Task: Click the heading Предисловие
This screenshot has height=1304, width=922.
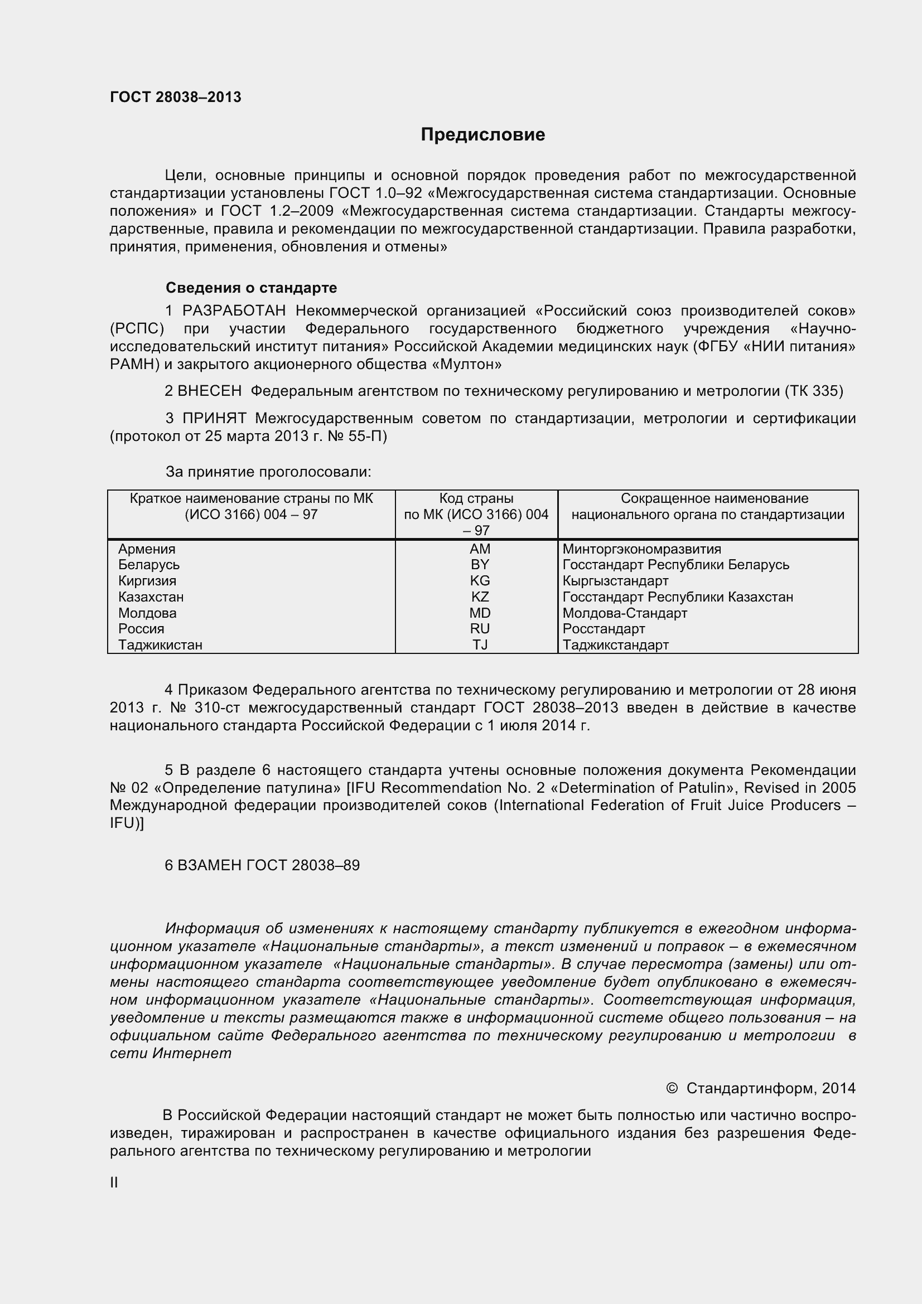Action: (x=482, y=134)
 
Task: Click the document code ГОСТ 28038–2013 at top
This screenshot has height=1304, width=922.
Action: (x=176, y=97)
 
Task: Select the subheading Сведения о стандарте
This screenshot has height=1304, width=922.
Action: (x=251, y=288)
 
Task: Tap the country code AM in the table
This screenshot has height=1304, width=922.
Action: (x=480, y=549)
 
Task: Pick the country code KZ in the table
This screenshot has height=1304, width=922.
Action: (x=480, y=597)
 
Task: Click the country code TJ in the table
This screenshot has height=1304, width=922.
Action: (x=480, y=644)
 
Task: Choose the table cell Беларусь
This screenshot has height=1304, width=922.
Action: (x=149, y=565)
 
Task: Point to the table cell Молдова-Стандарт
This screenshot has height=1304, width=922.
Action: (x=624, y=613)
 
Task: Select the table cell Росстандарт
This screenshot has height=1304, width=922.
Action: (x=604, y=629)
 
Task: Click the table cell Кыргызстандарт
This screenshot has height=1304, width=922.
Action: (x=615, y=581)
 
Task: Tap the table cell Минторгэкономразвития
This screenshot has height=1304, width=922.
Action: (x=641, y=549)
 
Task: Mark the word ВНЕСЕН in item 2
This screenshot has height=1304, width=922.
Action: (x=210, y=391)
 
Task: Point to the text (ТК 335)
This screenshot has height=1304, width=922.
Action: (x=813, y=391)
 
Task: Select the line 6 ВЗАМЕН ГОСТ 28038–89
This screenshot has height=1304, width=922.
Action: (x=262, y=865)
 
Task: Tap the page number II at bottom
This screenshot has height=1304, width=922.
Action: (x=114, y=1182)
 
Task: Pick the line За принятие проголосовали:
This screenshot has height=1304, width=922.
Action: (x=268, y=472)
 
